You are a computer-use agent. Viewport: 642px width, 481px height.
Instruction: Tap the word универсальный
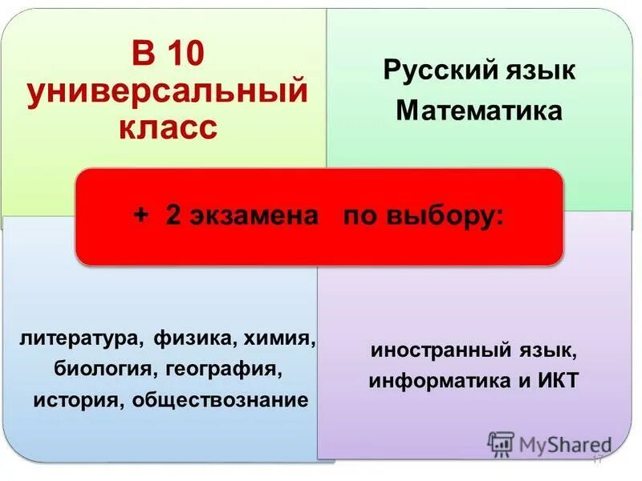point(168,92)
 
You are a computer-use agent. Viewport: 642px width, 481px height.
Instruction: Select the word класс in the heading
point(168,126)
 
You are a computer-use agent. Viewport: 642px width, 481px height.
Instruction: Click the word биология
point(105,370)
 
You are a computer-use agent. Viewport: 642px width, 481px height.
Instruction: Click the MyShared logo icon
point(501,443)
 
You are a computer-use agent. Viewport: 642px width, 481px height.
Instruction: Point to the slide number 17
point(596,459)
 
